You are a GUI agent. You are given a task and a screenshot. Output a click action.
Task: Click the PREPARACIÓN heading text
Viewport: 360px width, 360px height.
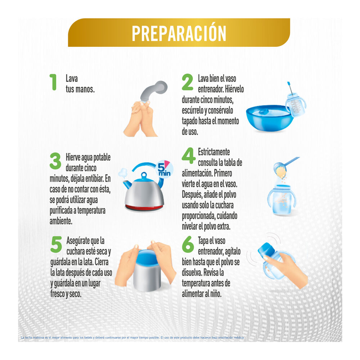[179, 33]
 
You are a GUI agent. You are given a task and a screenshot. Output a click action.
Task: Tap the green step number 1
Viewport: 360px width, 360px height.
[53, 82]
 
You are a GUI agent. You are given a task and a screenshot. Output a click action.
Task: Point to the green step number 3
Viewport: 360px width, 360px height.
[55, 161]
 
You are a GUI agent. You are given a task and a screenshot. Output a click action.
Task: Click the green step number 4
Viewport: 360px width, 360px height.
[188, 156]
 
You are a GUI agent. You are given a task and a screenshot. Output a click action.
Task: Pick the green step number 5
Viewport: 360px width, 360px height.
[56, 245]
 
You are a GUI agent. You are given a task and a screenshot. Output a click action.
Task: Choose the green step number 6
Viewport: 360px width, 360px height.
[188, 244]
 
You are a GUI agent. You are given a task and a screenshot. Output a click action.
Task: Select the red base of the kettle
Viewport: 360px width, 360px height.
[144, 207]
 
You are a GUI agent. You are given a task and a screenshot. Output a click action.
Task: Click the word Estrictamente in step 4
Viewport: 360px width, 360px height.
[214, 152]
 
